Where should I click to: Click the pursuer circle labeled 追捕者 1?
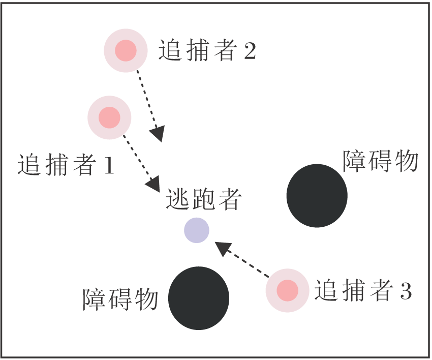click(x=109, y=117)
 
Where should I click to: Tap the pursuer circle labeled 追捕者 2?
click(x=126, y=50)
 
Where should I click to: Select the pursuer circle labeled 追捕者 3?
click(x=287, y=290)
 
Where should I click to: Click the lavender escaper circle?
click(x=197, y=230)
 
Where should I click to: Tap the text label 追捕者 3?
click(x=362, y=291)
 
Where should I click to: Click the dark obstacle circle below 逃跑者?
click(x=199, y=298)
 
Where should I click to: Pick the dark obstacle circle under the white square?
click(x=317, y=195)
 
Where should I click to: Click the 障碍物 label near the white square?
click(x=380, y=162)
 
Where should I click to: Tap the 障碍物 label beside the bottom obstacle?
click(x=121, y=300)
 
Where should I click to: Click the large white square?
click(x=325, y=76)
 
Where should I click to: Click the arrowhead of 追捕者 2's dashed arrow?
click(x=159, y=134)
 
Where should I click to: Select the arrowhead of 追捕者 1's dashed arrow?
click(x=154, y=184)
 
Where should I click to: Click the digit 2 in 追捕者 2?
click(x=250, y=51)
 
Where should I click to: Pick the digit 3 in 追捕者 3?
click(x=405, y=291)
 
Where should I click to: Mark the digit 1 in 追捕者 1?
click(x=108, y=166)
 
